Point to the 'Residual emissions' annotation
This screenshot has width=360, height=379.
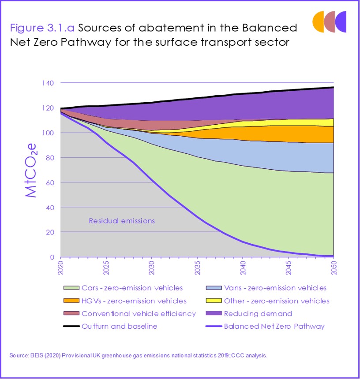(x=122, y=221)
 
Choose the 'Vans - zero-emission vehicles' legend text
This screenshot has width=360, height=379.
(x=275, y=288)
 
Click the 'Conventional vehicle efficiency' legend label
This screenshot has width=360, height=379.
(x=139, y=313)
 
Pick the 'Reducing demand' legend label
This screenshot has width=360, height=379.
(x=258, y=313)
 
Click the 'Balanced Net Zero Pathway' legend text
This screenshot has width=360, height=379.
(x=274, y=326)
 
